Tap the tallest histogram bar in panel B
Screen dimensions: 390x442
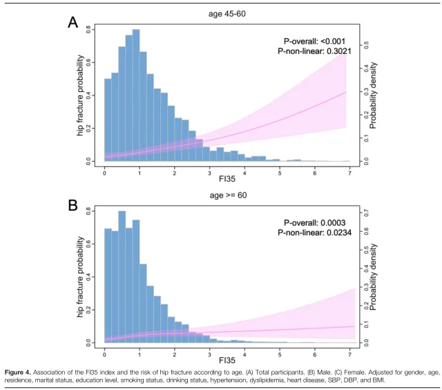122,277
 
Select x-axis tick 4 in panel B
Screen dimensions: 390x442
244,354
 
